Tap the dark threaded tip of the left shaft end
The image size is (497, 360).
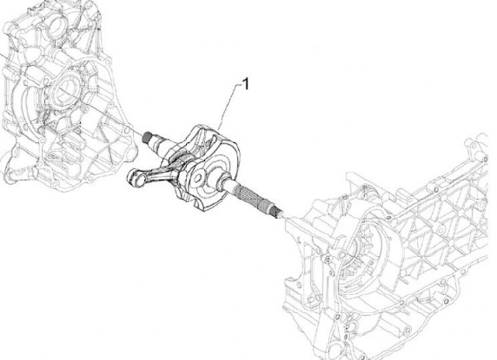pos(147,137)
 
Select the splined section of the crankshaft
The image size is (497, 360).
pos(251,197)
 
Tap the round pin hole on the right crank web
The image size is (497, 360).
pos(199,177)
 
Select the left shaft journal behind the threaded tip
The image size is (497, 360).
pos(159,142)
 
